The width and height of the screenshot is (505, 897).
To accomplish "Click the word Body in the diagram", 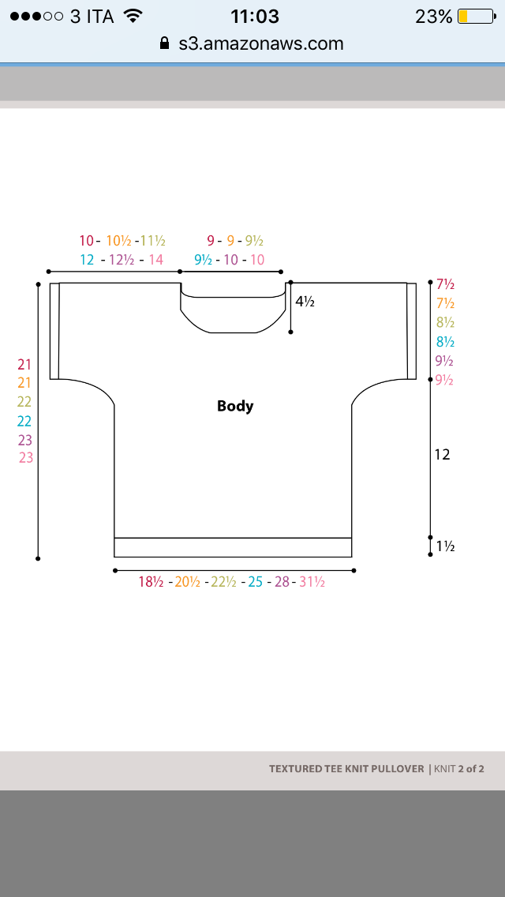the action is [235, 406].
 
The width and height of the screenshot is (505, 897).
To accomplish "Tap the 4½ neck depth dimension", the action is [305, 301].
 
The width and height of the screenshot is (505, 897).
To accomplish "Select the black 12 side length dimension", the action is [442, 455].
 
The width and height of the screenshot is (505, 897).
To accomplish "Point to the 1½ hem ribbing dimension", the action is [446, 546].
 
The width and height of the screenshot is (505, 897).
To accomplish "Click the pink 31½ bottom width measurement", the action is [312, 583].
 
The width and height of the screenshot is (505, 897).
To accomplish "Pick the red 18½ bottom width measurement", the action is [151, 583].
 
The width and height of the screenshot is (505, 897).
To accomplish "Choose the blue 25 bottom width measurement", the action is [255, 583].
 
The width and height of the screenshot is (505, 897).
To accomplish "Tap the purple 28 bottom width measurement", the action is [282, 583].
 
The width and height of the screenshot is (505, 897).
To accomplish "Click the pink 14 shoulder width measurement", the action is [156, 260].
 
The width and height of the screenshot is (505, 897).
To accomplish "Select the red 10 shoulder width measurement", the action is [86, 241].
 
